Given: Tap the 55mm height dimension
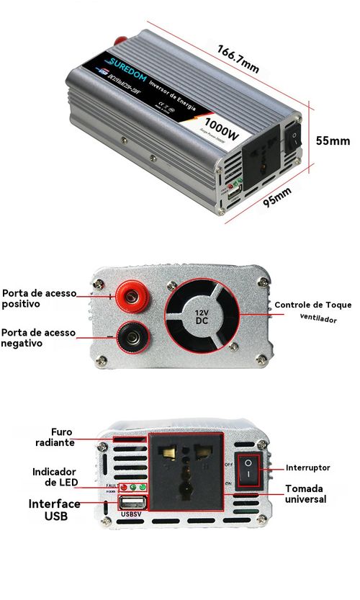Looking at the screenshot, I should click(x=333, y=140).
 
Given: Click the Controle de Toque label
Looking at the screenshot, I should click(x=313, y=305).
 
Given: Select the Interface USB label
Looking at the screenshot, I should click(x=54, y=510).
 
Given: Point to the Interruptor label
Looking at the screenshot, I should click(x=308, y=467).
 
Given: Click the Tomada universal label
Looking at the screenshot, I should click(x=305, y=493).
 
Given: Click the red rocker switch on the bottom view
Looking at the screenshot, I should click(x=247, y=467).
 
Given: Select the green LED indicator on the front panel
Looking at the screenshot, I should click(x=143, y=487).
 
